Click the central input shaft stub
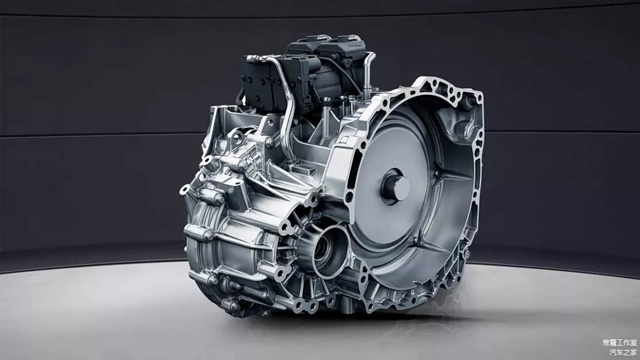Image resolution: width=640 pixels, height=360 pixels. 395,187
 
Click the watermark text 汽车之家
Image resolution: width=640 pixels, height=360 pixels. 623,351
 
